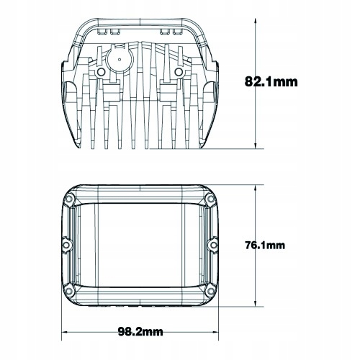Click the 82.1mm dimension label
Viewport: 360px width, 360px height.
[271, 81]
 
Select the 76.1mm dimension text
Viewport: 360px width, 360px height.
[264, 245]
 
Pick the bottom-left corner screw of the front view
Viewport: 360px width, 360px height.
[70, 291]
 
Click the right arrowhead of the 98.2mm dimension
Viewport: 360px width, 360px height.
[218, 333]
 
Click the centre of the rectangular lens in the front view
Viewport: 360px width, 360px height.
[140, 244]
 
